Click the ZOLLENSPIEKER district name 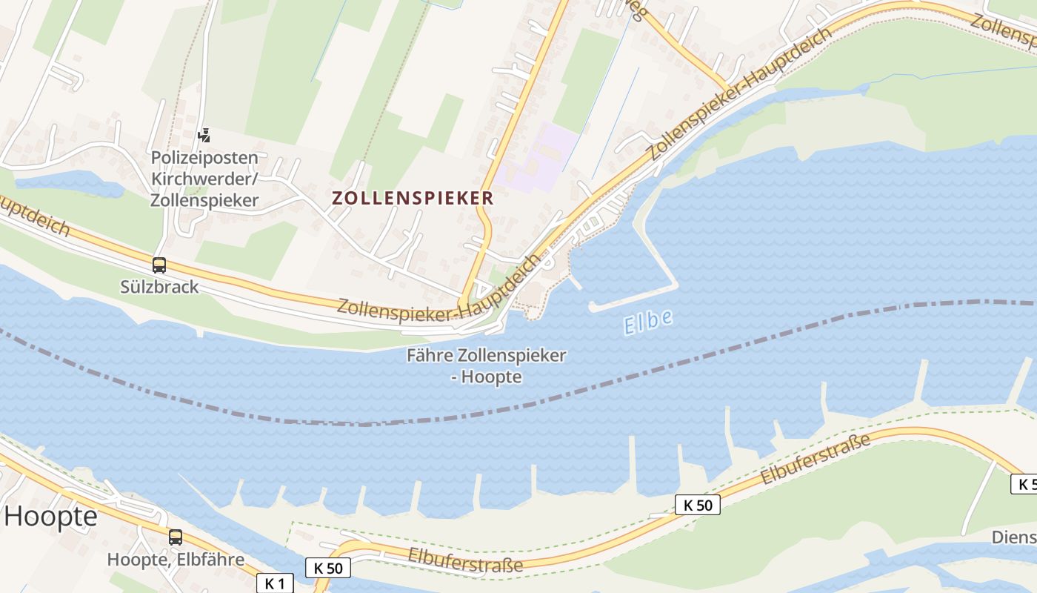click(x=413, y=198)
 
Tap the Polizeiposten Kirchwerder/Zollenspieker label click(x=204, y=179)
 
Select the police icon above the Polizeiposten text click(x=204, y=135)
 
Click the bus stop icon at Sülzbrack click(x=159, y=265)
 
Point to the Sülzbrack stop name click(x=159, y=287)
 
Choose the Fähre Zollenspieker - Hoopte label click(x=487, y=365)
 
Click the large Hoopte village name click(x=50, y=517)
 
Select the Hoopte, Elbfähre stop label click(x=176, y=559)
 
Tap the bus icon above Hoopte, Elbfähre click(x=176, y=537)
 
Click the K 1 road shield click(x=275, y=583)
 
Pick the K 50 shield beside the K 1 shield click(x=328, y=568)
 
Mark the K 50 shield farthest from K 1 click(x=698, y=506)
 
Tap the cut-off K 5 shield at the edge click(x=1024, y=484)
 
